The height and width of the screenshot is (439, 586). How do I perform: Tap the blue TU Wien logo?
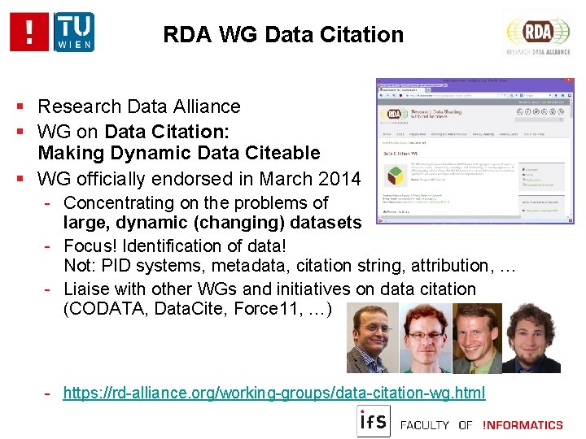74,32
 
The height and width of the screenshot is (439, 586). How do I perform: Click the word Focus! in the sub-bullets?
92,246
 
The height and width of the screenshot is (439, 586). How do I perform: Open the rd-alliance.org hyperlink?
274,393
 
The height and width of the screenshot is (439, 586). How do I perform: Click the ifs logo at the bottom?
374,422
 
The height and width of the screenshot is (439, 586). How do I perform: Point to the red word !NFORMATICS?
523,424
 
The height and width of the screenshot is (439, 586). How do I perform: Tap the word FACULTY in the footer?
425,424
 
